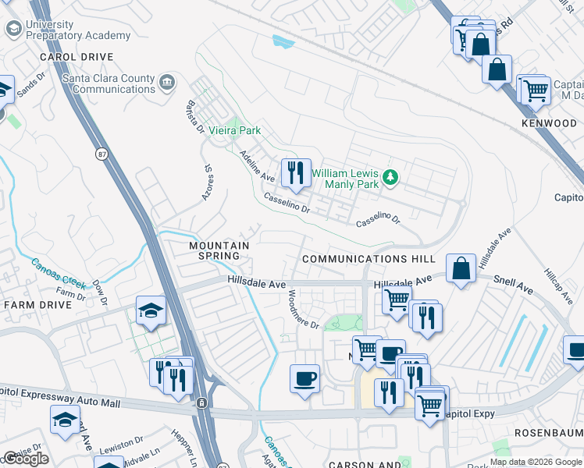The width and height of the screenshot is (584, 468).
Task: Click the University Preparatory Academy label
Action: click(77, 30)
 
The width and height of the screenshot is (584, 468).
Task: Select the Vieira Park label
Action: click(234, 131)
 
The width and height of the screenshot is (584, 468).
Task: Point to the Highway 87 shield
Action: click(102, 154)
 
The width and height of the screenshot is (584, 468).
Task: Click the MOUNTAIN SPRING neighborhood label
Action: click(219, 250)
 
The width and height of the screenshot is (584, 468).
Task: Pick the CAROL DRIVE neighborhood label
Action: click(77, 57)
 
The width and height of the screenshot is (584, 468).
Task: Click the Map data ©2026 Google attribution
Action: click(536, 462)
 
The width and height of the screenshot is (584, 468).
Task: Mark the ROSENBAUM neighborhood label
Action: click(548, 431)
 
